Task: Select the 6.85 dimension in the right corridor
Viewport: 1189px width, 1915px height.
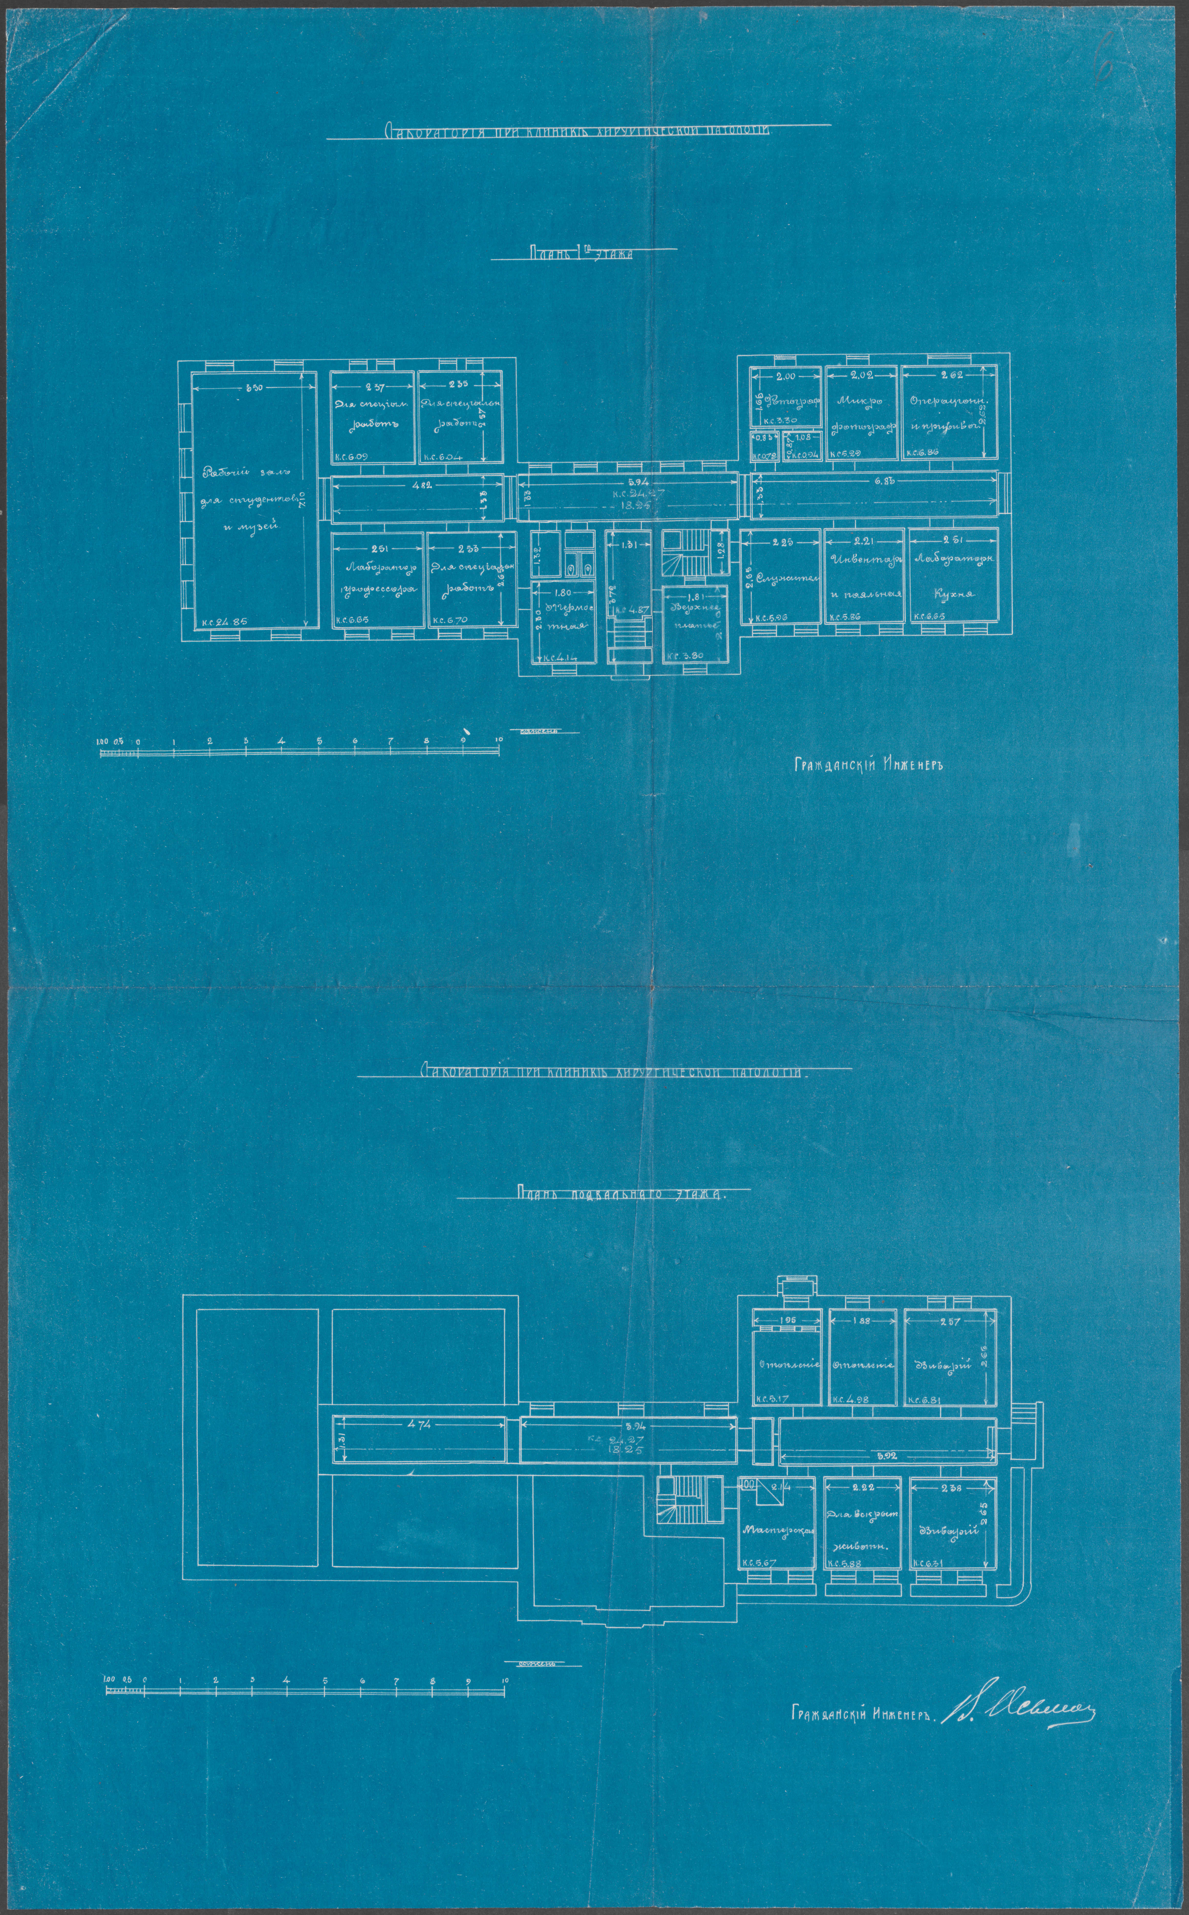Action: tap(878, 481)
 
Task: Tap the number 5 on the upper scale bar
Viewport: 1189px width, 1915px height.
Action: tap(319, 741)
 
